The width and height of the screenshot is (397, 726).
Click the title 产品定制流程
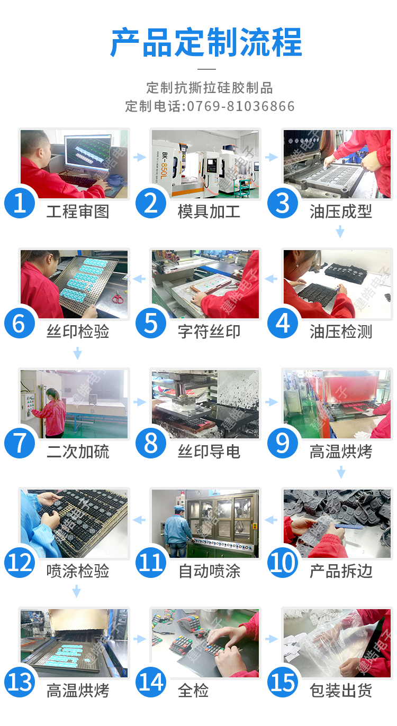(206, 43)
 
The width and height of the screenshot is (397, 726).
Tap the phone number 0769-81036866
(241, 106)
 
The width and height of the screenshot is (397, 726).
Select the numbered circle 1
(20, 203)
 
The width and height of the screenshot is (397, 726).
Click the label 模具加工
(209, 212)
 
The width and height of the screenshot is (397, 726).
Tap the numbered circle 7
(20, 443)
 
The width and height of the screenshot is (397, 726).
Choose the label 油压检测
(340, 332)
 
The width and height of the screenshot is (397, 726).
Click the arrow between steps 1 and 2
(139, 157)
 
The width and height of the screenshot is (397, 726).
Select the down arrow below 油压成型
(340, 232)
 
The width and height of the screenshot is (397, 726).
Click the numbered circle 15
(283, 682)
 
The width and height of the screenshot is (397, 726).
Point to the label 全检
(193, 691)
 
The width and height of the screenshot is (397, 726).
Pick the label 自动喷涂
(210, 571)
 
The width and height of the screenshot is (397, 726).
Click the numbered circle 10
(283, 563)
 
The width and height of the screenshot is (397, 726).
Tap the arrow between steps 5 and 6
(139, 279)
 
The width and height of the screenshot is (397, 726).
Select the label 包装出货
(340, 691)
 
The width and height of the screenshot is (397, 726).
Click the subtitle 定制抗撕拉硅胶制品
(210, 88)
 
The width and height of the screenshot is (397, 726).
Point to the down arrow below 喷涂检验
(77, 591)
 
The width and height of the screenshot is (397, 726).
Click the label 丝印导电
(209, 452)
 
